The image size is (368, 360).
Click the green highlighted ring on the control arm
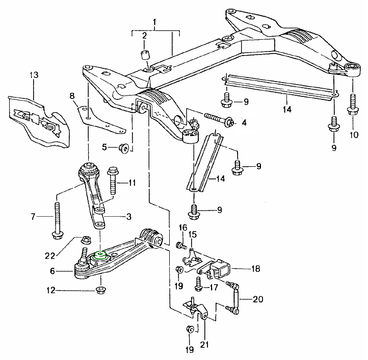click(x=101, y=254)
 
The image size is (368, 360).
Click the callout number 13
click(x=34, y=75)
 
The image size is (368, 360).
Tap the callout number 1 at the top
click(x=155, y=22)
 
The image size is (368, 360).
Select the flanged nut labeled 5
click(x=124, y=148)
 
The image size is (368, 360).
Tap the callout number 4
click(x=244, y=122)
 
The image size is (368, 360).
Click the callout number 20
click(x=258, y=299)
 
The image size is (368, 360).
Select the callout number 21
click(x=205, y=345)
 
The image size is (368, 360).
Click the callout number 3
click(x=129, y=217)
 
